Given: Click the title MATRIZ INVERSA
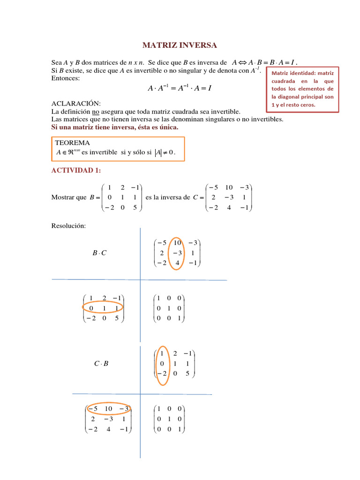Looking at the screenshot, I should click(x=180, y=45).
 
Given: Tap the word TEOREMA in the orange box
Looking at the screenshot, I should click(x=73, y=142).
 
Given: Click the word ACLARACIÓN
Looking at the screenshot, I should click(x=75, y=103).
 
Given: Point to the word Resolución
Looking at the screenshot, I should click(x=68, y=226).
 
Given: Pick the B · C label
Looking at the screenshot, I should click(x=99, y=254).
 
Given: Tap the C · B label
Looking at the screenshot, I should click(x=101, y=363).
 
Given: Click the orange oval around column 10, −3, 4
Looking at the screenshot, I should click(x=177, y=253).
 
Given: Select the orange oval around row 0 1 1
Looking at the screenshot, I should click(x=103, y=308).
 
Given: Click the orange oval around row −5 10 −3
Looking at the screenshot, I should click(x=109, y=409).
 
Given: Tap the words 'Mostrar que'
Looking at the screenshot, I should click(x=68, y=197).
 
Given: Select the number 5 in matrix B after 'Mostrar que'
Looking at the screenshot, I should click(x=135, y=207).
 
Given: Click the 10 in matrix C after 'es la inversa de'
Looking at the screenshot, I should click(x=229, y=187).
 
